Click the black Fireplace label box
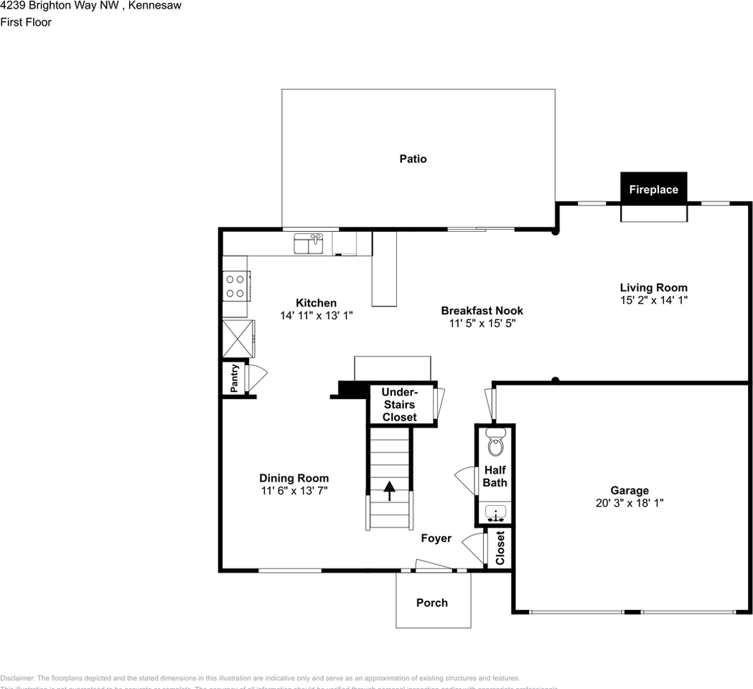point(653,189)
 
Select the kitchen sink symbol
point(309,244)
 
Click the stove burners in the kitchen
point(235,286)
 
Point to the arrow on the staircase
point(390,491)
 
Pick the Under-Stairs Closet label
point(399,404)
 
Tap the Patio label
point(413,159)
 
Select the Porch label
point(432,602)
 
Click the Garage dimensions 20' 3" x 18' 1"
point(630,503)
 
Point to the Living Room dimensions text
point(654,300)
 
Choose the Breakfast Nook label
point(482,311)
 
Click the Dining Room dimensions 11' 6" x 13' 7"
point(294,491)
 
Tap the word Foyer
point(436,538)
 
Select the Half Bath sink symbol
point(495,512)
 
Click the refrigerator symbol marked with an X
point(238,339)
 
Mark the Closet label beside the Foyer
point(500,548)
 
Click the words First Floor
point(26,22)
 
